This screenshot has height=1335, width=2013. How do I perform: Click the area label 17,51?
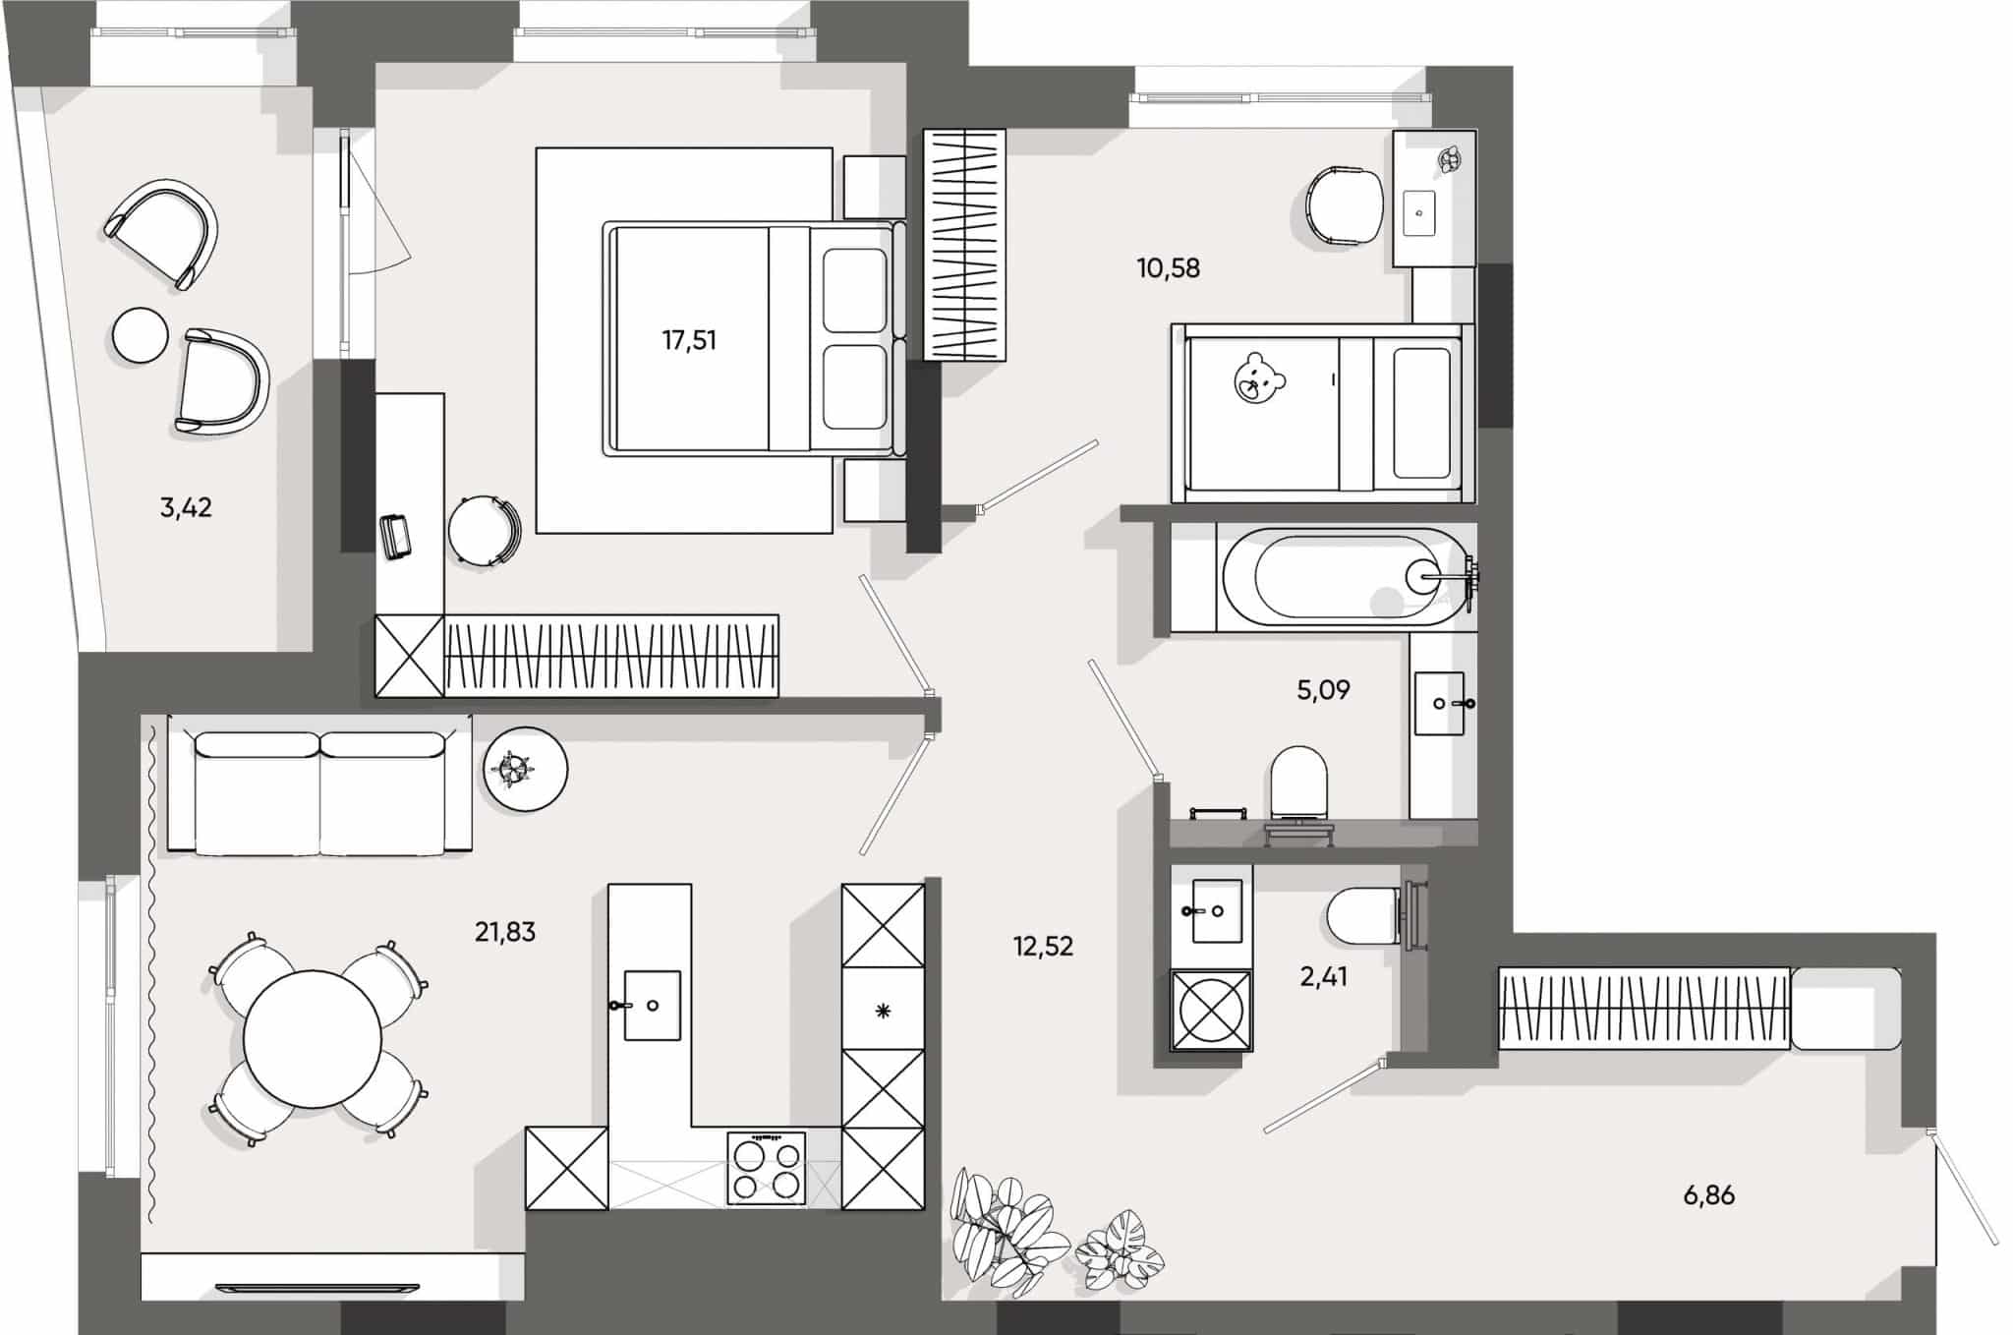689,341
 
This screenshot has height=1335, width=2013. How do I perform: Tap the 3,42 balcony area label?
186,508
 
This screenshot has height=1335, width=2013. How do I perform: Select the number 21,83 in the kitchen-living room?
505,932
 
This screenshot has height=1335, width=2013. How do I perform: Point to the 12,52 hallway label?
1043,947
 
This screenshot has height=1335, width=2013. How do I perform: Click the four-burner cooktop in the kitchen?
767,1168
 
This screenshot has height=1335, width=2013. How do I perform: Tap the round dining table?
313,1039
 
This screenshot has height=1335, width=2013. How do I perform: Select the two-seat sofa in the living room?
320,791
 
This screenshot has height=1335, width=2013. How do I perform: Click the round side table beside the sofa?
525,769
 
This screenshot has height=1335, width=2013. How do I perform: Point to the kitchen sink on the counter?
652,1005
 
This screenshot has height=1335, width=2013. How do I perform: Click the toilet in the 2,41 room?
1361,915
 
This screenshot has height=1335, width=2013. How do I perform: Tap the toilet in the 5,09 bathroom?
1298,783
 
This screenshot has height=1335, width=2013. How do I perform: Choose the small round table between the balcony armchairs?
141,335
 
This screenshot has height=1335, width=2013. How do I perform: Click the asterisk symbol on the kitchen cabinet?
883,1011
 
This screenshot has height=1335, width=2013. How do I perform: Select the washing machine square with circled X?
1211,1010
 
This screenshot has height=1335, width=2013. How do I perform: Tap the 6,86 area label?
1708,1196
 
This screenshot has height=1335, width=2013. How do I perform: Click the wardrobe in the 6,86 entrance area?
1642,1009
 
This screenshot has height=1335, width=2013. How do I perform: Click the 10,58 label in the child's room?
1168,268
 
